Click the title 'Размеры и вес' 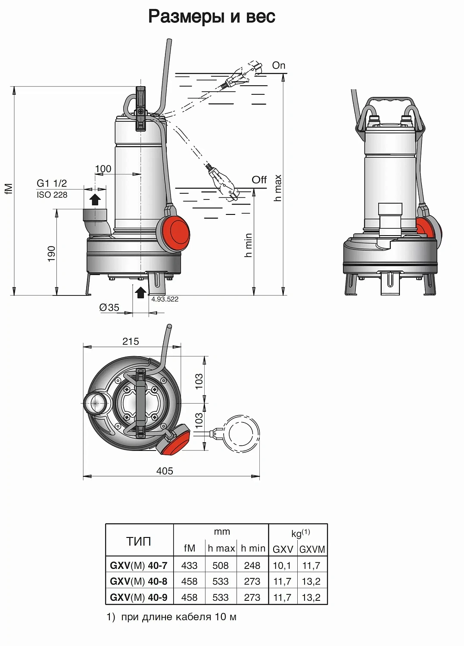pyautogui.click(x=212, y=17)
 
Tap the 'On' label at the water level pyautogui.click(x=279, y=65)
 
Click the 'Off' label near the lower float pyautogui.click(x=259, y=180)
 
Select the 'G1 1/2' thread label pyautogui.click(x=52, y=183)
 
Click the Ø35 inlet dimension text pyautogui.click(x=109, y=307)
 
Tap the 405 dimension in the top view pyautogui.click(x=165, y=471)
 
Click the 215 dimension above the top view pyautogui.click(x=131, y=342)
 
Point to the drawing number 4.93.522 pyautogui.click(x=165, y=299)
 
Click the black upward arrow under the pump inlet pyautogui.click(x=140, y=292)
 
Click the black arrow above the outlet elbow pyautogui.click(x=95, y=199)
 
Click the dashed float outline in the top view pyautogui.click(x=241, y=434)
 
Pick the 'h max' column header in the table pyautogui.click(x=221, y=548)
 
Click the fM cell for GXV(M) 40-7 pyautogui.click(x=189, y=565)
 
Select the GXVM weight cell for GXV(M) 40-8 pyautogui.click(x=311, y=581)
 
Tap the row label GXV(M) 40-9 pyautogui.click(x=139, y=597)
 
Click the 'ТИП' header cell pyautogui.click(x=139, y=541)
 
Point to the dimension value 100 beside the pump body pyautogui.click(x=103, y=169)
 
